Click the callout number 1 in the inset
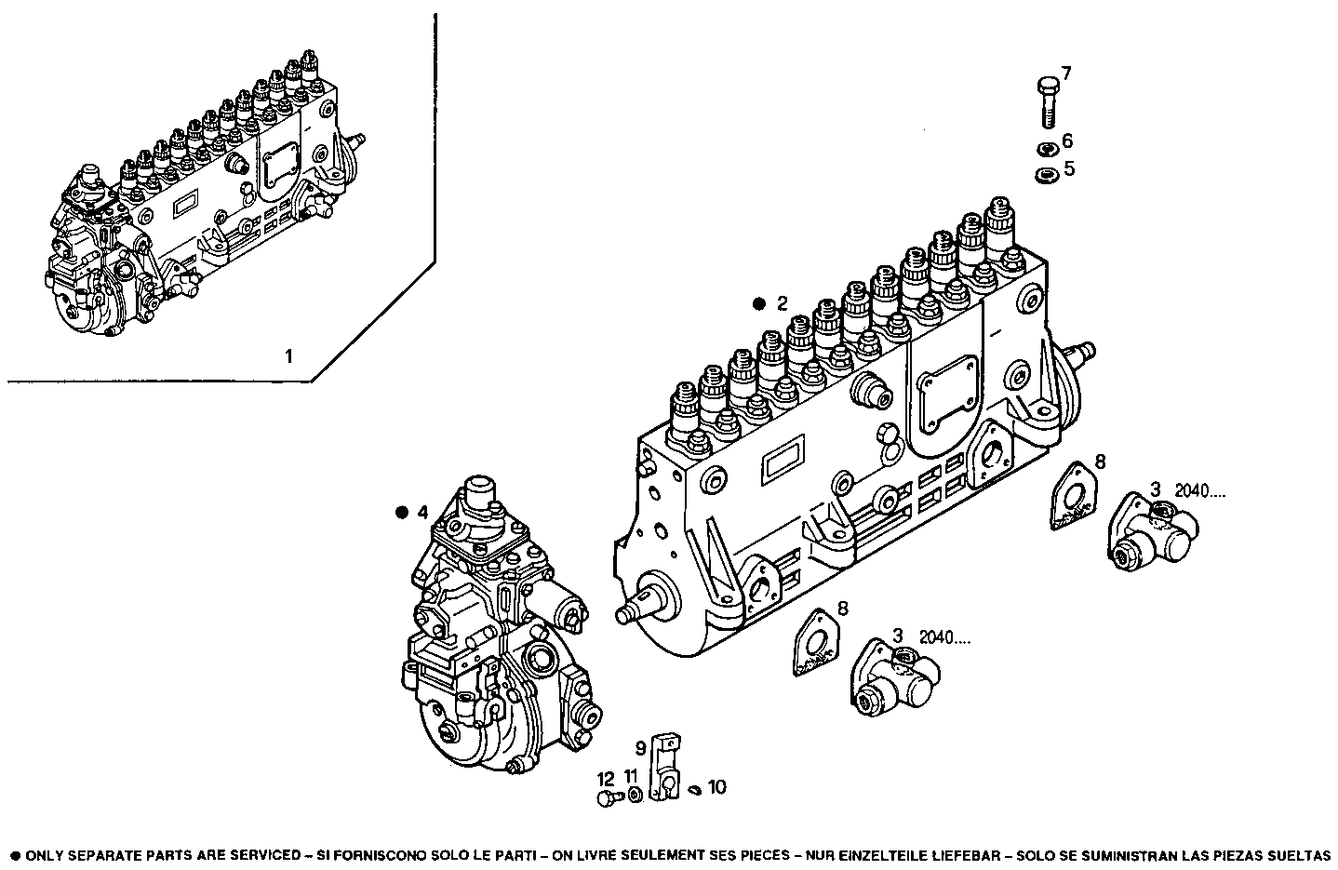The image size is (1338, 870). point(288,355)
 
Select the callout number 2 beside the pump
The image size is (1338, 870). point(783,302)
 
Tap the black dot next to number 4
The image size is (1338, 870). point(402,512)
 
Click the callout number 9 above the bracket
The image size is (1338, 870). point(641,746)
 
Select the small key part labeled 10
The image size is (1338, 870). point(696,791)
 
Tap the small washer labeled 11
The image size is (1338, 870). point(634,794)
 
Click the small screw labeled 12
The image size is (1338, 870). point(608,797)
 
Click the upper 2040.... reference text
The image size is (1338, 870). point(1200,490)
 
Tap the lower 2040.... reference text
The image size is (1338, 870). point(944,637)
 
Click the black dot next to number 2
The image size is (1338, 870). point(759,303)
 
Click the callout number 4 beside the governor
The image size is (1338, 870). point(422,512)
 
